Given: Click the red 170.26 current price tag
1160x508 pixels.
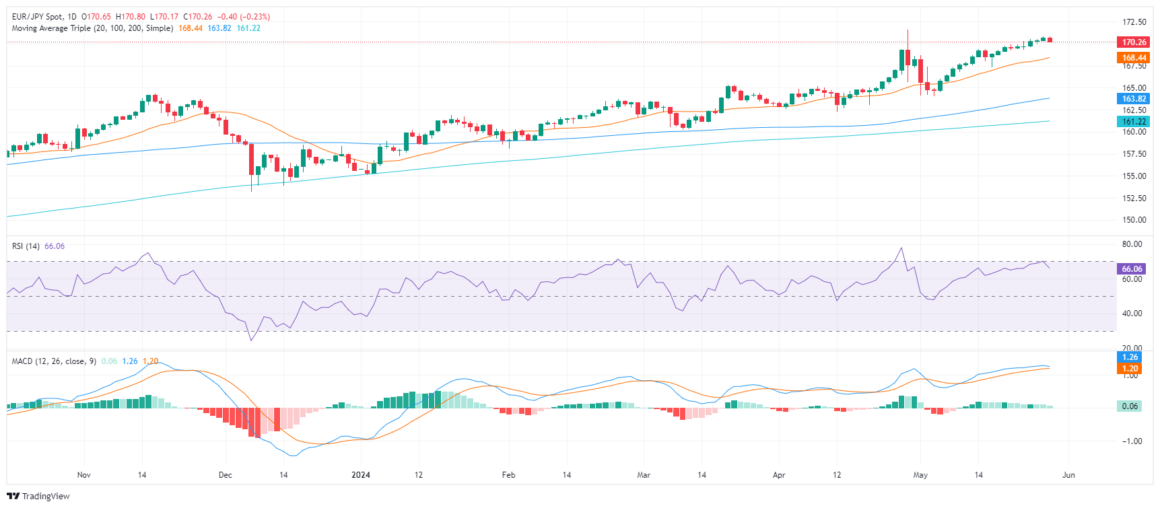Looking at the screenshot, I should point(1134,42).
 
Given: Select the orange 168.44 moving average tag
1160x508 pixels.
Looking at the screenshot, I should point(1134,58).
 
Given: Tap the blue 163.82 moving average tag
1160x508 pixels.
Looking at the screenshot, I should point(1134,99).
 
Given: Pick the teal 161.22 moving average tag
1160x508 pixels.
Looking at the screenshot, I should point(1134,122).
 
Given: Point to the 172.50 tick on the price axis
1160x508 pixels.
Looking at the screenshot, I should point(1134,22).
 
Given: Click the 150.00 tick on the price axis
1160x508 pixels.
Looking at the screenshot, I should point(1134,220).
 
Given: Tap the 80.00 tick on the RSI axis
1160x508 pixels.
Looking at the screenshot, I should point(1132,244).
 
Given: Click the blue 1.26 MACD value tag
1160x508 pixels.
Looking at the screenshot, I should point(1130,357).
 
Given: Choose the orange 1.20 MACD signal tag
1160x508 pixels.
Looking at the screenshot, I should point(1130,369).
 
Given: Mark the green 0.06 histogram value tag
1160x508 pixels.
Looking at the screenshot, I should point(1130,406).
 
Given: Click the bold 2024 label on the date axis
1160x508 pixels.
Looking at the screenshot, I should point(361,475).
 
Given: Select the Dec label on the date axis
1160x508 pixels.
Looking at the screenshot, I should point(226,475).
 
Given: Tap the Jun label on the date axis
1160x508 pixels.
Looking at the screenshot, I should point(1068,475).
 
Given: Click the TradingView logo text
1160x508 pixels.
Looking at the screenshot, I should point(45,497).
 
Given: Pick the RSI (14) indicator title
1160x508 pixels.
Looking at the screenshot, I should point(26,246).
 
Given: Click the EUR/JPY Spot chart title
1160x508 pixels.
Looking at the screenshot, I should point(37,17).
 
